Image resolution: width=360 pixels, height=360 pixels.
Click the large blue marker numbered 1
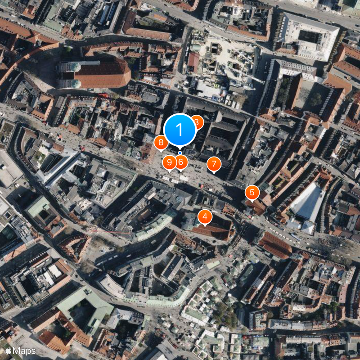(x=180, y=130)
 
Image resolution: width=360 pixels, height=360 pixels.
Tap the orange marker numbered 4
(x=205, y=217)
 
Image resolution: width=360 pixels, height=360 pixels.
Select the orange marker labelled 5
(x=252, y=193)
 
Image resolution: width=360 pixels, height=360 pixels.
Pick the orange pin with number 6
(x=181, y=162)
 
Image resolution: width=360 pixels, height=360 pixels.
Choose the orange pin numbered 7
(x=214, y=164)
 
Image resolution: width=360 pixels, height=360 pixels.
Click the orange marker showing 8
(x=161, y=143)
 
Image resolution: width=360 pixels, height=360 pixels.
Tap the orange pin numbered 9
(x=169, y=162)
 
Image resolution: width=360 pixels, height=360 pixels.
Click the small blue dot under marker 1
(x=180, y=153)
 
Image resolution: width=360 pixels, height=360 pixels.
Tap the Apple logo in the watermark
(x=8, y=351)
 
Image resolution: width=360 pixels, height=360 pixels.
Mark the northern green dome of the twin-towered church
(x=75, y=67)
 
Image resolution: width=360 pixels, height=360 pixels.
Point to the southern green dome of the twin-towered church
(x=76, y=84)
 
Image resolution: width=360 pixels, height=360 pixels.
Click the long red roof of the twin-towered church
(x=105, y=73)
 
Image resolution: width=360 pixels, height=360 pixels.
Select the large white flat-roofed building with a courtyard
(x=309, y=36)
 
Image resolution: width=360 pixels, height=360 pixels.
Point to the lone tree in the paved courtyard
(x=315, y=99)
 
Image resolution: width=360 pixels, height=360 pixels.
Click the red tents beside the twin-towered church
(x=105, y=96)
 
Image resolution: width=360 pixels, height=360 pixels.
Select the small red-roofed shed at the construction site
(x=193, y=61)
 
